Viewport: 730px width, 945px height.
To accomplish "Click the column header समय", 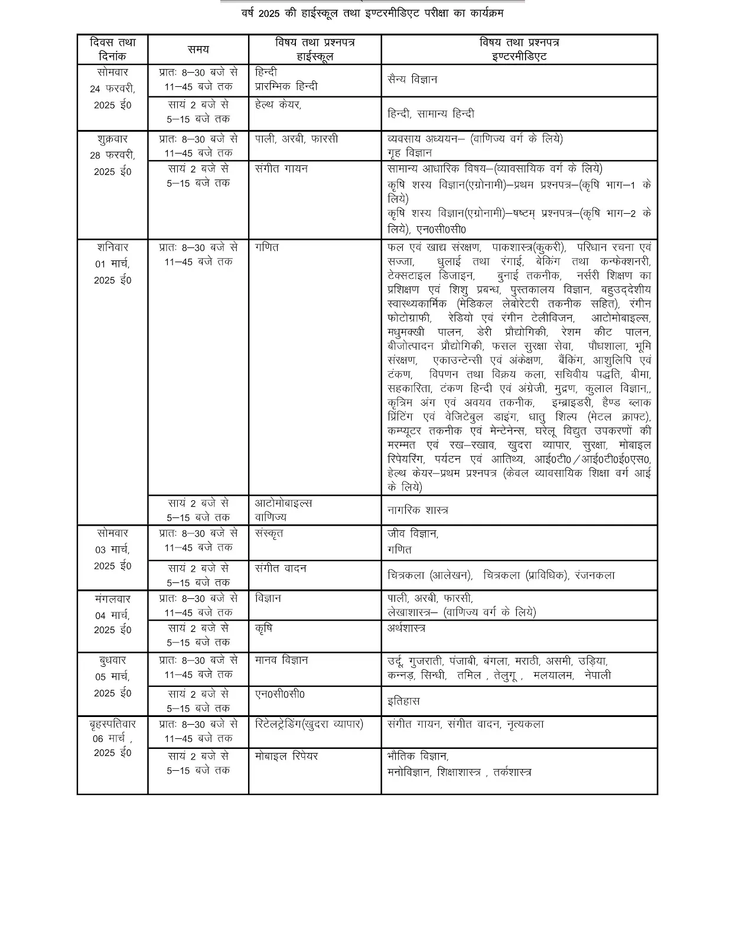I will click(198, 50).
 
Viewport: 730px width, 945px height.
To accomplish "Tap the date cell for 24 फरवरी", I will click(112, 89).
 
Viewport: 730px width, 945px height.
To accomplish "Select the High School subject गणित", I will click(267, 247).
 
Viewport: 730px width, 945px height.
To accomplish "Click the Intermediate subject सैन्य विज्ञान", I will click(412, 80).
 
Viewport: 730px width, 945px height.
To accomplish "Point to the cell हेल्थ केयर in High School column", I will click(278, 105).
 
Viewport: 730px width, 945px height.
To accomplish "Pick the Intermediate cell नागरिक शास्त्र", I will click(418, 510).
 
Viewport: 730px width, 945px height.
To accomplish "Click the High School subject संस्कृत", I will click(269, 533).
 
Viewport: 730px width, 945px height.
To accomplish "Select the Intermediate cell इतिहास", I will click(403, 701).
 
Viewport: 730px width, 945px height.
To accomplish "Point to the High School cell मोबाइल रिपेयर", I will click(286, 756).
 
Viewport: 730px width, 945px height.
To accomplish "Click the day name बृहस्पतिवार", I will click(112, 724).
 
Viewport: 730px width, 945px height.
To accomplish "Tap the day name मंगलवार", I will click(112, 599).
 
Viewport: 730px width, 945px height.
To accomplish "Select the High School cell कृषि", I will click(263, 628).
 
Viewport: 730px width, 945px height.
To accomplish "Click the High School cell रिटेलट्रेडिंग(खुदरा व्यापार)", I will click(309, 724).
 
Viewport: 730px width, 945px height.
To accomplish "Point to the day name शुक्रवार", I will click(112, 139).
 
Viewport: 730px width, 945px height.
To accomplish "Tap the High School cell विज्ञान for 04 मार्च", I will click(268, 598).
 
